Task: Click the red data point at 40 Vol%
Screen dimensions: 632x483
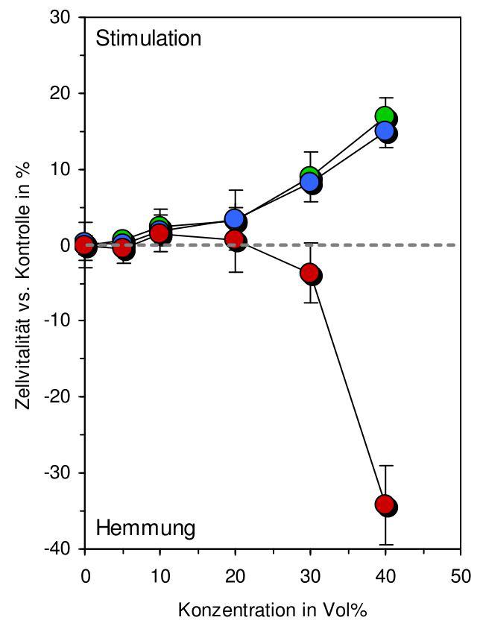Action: coord(385,505)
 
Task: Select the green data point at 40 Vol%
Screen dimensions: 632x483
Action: coord(385,116)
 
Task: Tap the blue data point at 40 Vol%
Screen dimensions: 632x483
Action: coord(385,131)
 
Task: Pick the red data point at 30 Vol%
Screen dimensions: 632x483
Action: coord(309,274)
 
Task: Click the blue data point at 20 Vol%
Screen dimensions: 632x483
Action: coord(235,219)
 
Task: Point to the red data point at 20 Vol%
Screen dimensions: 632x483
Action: coord(234,240)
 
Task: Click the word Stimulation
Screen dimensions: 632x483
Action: coord(148,38)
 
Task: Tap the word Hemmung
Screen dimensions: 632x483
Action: coord(145,528)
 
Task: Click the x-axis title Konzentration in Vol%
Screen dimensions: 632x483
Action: coord(273,610)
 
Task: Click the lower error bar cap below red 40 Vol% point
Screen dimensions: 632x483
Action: coord(385,544)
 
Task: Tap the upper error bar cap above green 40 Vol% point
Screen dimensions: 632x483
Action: coord(385,98)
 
